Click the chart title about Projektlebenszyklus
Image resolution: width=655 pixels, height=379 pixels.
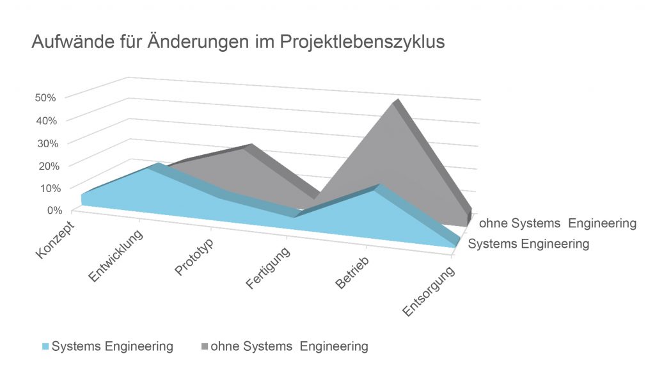point(237,43)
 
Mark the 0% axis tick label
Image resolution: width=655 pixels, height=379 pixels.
point(51,210)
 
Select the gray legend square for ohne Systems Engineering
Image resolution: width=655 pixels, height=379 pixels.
point(204,347)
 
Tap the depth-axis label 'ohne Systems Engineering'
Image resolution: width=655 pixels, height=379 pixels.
point(558,223)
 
